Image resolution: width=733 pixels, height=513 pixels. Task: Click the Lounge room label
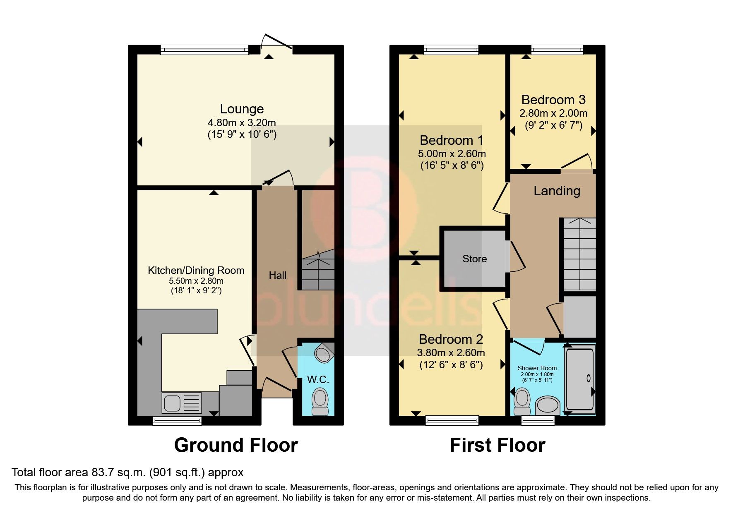point(242,109)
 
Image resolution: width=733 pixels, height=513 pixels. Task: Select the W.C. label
point(318,379)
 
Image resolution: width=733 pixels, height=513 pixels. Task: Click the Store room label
point(474,259)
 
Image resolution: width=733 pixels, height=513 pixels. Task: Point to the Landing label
point(557,191)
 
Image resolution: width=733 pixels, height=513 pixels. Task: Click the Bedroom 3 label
point(553,100)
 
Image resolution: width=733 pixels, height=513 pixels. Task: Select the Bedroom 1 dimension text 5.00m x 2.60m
point(452,154)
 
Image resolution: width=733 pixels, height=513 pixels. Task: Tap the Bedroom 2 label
point(451,339)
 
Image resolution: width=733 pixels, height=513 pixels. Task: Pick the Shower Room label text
point(537,368)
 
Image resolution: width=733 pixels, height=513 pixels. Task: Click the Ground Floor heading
point(236,445)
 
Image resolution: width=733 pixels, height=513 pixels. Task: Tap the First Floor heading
point(497,445)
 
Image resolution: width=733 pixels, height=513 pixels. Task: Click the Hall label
point(277,275)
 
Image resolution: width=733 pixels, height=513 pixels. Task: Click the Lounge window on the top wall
point(204,50)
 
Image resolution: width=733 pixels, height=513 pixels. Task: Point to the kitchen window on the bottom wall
point(177,421)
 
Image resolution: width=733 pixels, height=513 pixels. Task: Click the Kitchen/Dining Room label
point(196,271)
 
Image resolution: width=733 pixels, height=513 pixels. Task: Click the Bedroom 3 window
point(557,50)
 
